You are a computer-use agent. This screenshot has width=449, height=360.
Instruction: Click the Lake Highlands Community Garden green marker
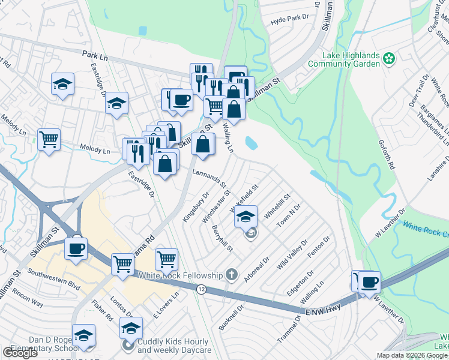click(x=389, y=59)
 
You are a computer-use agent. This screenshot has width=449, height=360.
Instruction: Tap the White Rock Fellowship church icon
click(x=232, y=275)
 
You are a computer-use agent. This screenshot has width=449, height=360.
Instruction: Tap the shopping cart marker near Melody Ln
click(x=49, y=140)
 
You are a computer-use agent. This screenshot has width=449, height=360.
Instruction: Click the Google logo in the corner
click(x=20, y=353)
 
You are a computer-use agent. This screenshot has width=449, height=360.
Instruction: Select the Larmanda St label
click(x=208, y=178)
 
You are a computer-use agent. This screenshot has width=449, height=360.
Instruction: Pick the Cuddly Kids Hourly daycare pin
click(x=129, y=346)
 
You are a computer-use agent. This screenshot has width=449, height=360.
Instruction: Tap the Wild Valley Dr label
click(x=292, y=254)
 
